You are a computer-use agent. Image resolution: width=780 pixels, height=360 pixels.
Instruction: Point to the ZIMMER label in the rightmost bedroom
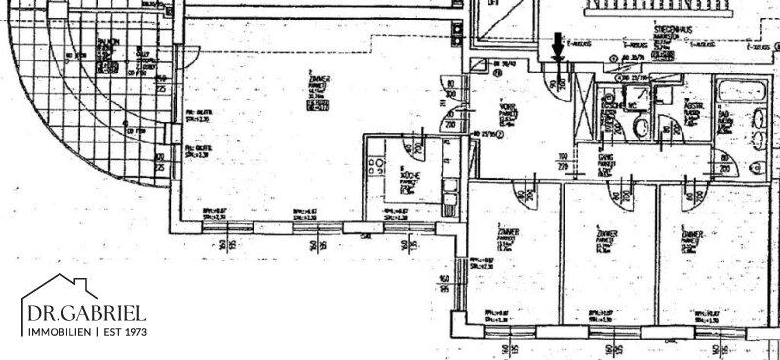pyautogui.click(x=694, y=236)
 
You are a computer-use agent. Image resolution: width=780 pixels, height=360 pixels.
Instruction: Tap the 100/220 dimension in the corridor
pyautogui.click(x=564, y=160)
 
